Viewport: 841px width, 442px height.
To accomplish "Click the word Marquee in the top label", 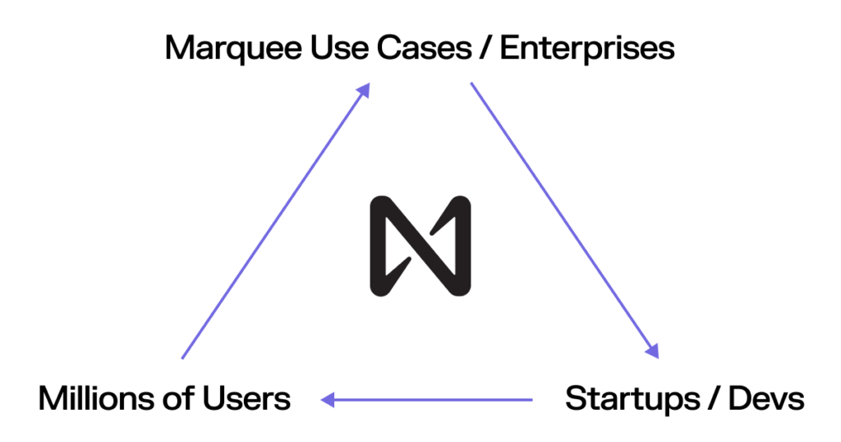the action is [x=233, y=49].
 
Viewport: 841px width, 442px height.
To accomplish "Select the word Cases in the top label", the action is [x=424, y=48].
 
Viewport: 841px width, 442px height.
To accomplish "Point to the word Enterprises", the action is [x=586, y=49].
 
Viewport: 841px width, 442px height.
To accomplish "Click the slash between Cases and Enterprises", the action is [x=485, y=48].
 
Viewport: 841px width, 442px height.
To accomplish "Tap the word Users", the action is [x=246, y=399].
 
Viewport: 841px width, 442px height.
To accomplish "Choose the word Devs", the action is [x=766, y=399].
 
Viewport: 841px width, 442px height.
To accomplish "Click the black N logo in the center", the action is [x=420, y=246].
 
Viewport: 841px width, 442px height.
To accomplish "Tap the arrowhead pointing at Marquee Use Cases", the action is [x=364, y=90].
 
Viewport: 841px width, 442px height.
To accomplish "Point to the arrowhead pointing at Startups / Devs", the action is [x=652, y=351].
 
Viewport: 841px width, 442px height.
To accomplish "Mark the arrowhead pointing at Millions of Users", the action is [x=328, y=399].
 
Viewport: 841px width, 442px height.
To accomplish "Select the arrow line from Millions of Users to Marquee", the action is [x=276, y=220].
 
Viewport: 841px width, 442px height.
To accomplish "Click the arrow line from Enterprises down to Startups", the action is [x=565, y=220].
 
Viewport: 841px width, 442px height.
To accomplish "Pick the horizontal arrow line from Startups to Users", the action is [x=426, y=399].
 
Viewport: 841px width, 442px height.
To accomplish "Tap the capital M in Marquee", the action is [x=180, y=48].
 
